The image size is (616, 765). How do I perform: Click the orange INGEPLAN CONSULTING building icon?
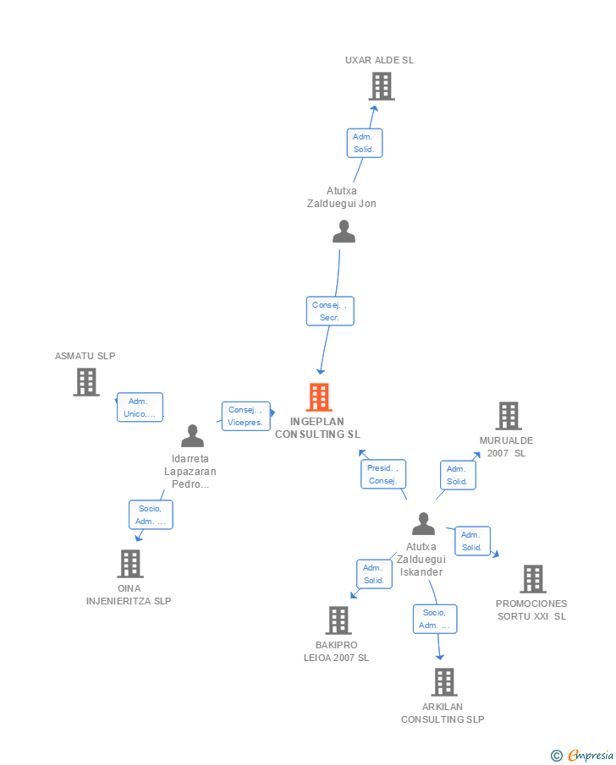pyautogui.click(x=319, y=397)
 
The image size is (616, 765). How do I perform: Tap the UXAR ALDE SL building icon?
pyautogui.click(x=382, y=86)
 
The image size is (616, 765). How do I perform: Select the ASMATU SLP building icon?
pyautogui.click(x=86, y=382)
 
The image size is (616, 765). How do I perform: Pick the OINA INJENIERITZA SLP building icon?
pyautogui.click(x=130, y=564)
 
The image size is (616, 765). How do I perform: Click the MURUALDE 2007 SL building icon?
pyautogui.click(x=508, y=416)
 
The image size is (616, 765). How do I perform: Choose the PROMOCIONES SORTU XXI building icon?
pyautogui.click(x=532, y=579)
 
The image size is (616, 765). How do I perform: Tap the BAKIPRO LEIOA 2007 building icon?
pyautogui.click(x=338, y=620)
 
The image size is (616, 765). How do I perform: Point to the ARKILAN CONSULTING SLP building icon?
pyautogui.click(x=443, y=682)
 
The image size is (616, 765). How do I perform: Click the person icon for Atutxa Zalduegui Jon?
pyautogui.click(x=344, y=232)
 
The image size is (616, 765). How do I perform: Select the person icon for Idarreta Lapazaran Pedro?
pyautogui.click(x=193, y=436)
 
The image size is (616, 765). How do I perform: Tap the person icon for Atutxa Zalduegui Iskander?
pyautogui.click(x=423, y=524)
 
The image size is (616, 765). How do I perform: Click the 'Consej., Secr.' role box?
pyautogui.click(x=330, y=311)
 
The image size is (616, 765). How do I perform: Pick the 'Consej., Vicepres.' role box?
pyautogui.click(x=246, y=416)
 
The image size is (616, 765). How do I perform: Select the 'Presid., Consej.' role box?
pyautogui.click(x=383, y=474)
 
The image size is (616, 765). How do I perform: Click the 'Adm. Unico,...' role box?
pyautogui.click(x=140, y=407)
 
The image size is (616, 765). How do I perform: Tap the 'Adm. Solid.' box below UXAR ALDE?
pyautogui.click(x=365, y=143)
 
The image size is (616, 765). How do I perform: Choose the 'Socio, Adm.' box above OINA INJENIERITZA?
pyautogui.click(x=151, y=515)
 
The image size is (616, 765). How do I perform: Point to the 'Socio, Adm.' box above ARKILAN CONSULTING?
pyautogui.click(x=435, y=619)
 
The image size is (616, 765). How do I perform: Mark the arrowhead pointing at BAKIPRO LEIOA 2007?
pyautogui.click(x=354, y=595)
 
